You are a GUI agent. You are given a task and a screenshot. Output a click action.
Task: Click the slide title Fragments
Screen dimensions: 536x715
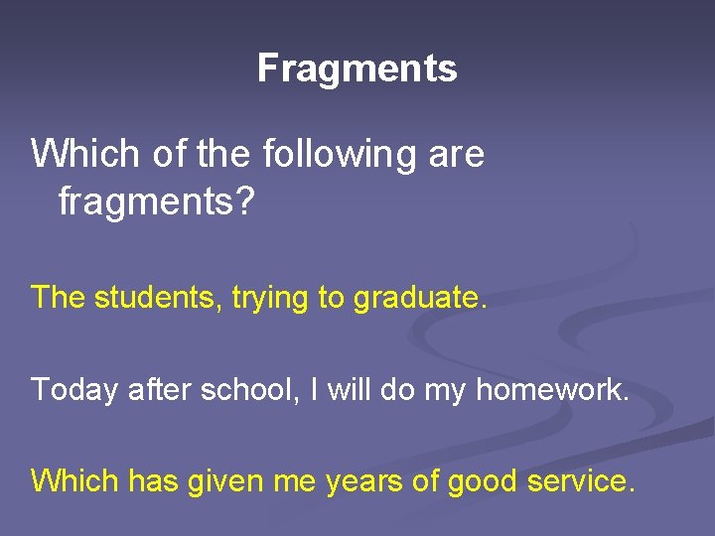coord(357,68)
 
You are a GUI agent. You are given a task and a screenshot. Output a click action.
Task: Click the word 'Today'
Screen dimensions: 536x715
coord(75,389)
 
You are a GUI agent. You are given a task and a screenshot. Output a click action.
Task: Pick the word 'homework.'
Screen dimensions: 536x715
coord(552,389)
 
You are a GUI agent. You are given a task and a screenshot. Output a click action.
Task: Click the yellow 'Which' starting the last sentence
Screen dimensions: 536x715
coord(74,480)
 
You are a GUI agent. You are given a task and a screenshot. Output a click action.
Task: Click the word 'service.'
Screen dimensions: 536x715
coord(582,480)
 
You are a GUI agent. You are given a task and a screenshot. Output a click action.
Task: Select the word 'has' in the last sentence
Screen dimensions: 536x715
coord(152,480)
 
